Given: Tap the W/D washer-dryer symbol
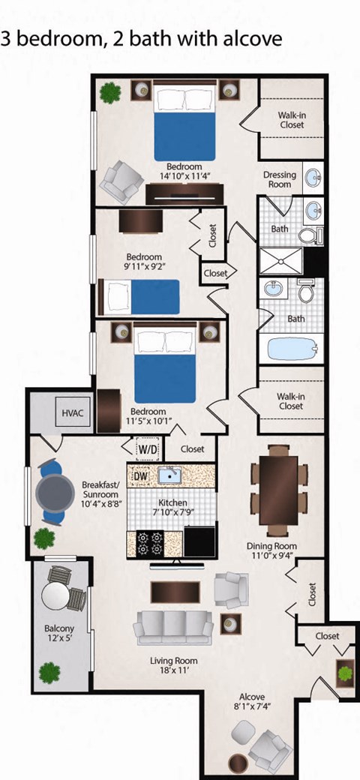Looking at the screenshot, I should pyautogui.click(x=147, y=448).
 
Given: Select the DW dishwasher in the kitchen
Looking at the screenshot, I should pyautogui.click(x=140, y=475).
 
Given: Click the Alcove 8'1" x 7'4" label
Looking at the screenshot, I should pyautogui.click(x=253, y=702).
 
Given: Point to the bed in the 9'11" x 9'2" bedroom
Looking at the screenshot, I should pyautogui.click(x=143, y=297).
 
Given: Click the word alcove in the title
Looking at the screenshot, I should pyautogui.click(x=252, y=38).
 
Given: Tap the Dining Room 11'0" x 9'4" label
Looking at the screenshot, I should pyautogui.click(x=271, y=550).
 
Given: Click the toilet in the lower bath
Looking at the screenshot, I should pyautogui.click(x=306, y=291).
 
